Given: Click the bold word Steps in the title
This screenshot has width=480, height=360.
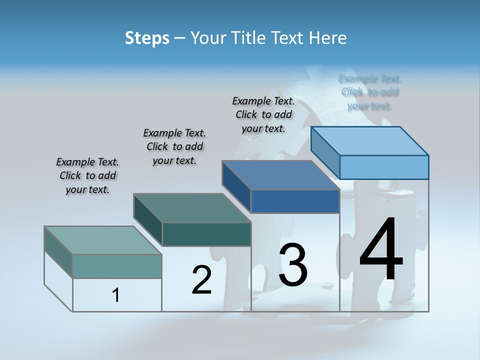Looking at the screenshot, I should coord(147,38).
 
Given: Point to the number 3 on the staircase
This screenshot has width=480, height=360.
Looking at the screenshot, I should coord(293,264).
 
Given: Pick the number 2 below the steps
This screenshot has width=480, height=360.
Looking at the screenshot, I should coord(201,280).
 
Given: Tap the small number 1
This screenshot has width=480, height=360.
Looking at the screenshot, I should coord(116,295).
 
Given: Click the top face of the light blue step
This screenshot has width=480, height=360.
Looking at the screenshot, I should coord(370,140).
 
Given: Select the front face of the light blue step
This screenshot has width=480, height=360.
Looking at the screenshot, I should coord(384,167).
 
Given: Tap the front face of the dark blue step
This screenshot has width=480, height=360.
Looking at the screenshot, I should coord(295,201).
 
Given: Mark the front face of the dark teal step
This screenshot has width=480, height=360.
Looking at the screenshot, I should coord(206,234).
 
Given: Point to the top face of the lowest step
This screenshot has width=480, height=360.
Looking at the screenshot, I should coord(103,240).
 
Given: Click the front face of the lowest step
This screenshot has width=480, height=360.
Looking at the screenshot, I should coord(117,266).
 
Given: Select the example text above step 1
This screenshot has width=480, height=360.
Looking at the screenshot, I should coord(87,176).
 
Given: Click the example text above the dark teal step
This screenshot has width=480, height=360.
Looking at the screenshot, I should coord(174,147).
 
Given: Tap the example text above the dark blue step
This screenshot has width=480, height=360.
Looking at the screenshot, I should coord(263,115).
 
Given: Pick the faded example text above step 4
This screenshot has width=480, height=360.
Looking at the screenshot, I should coord(370,92).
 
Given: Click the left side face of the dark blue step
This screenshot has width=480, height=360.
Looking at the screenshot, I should coord(236,186).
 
